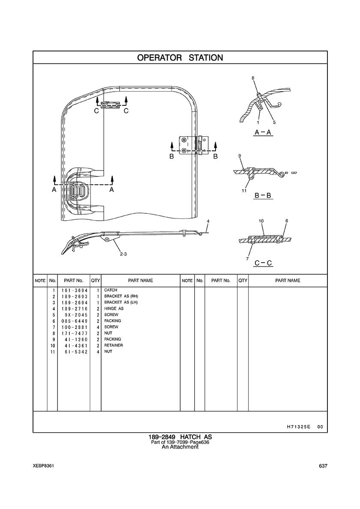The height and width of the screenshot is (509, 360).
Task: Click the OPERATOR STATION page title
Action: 180,58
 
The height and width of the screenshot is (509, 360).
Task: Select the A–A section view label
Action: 263,133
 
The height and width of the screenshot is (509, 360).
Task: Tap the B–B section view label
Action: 263,196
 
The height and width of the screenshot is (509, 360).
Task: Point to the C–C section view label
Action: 263,263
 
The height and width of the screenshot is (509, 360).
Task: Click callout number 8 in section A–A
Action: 253,78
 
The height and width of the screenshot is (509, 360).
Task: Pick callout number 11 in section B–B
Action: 244,191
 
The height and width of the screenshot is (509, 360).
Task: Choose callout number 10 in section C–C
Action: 261,221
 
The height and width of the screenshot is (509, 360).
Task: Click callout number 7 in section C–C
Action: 247,259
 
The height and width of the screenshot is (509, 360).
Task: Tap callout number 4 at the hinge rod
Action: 208,221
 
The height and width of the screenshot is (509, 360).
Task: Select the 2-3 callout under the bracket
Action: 123,254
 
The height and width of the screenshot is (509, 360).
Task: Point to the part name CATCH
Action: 111,290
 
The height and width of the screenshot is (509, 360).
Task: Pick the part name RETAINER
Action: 113,345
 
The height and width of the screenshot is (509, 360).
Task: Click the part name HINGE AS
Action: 114,308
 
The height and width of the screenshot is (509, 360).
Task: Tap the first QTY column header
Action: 95,281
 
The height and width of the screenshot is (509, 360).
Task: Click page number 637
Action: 323,466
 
